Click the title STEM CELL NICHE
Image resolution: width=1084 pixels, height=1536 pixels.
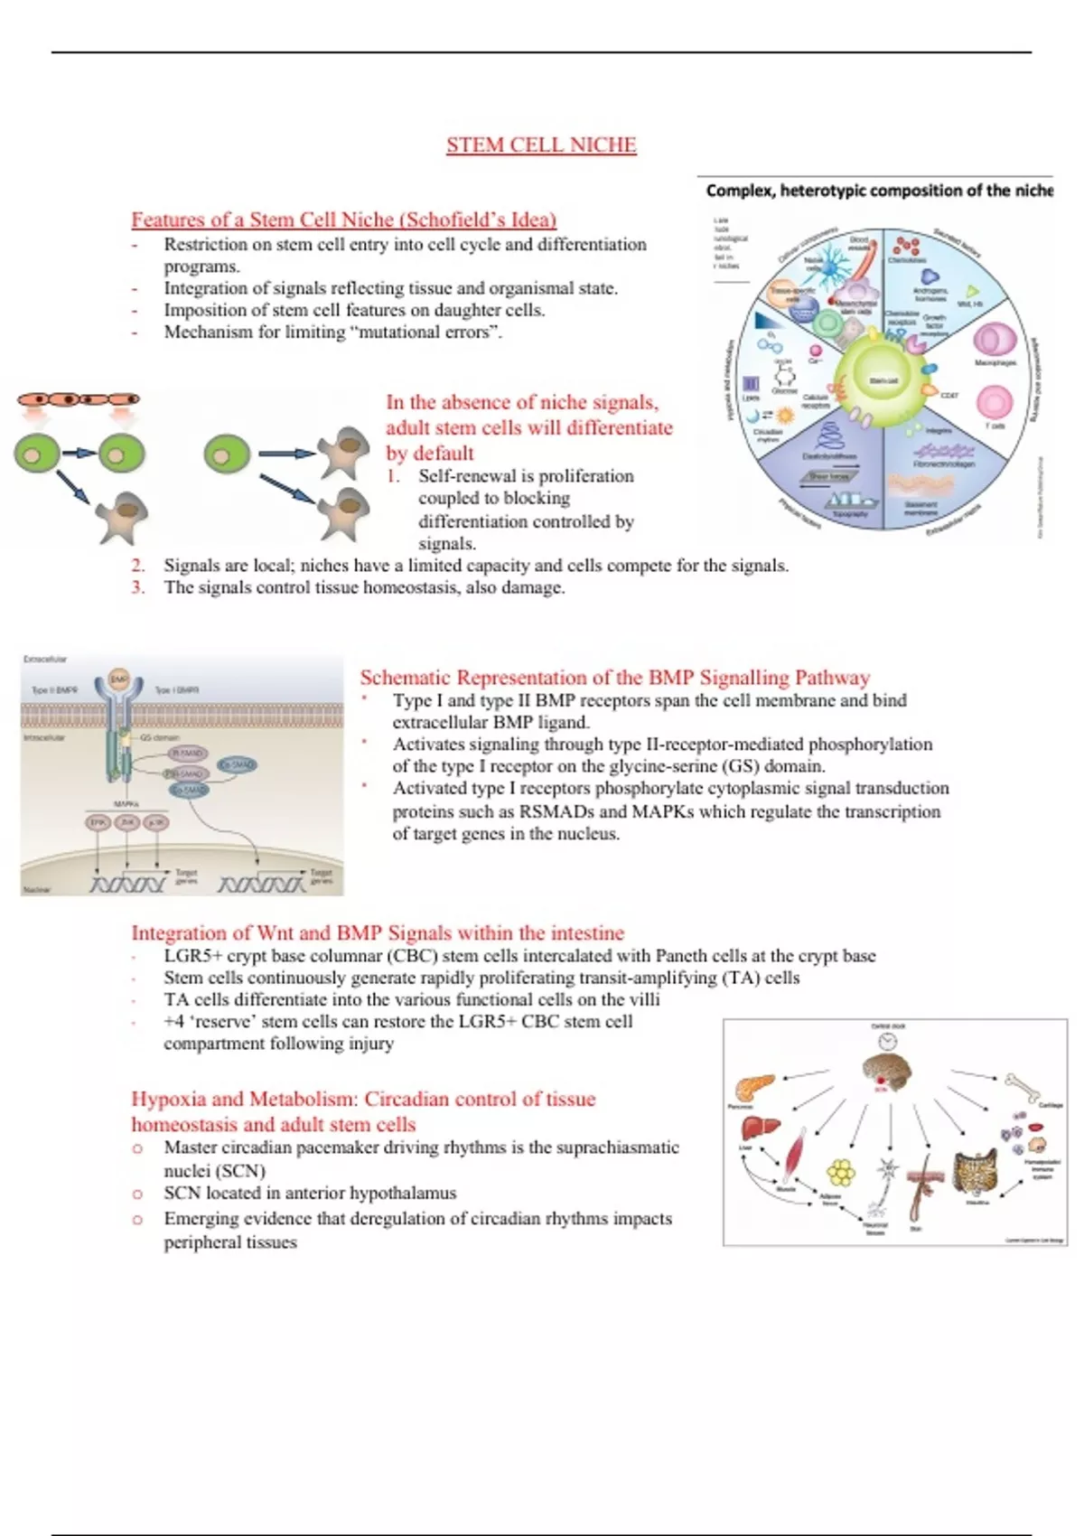point(541,145)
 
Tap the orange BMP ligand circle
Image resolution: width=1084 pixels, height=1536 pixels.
point(119,679)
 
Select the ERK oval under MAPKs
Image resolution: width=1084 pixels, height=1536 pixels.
point(98,822)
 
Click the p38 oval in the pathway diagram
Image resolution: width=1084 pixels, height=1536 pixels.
point(156,822)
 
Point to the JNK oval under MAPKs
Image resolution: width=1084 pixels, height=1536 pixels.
point(127,822)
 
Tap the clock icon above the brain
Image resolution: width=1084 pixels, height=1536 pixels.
point(888,1042)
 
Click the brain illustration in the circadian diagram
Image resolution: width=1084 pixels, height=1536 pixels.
point(886,1071)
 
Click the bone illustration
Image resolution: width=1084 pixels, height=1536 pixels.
point(1023,1083)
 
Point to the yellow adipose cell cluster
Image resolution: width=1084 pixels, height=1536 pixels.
point(841,1173)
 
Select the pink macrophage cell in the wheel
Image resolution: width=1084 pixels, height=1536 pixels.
point(994,340)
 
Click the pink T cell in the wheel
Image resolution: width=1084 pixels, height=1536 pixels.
point(995,403)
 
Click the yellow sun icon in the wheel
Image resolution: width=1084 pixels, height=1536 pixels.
point(785,415)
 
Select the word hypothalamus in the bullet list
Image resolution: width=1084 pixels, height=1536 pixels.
point(402,1193)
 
